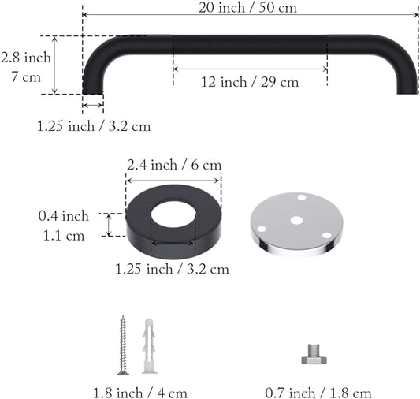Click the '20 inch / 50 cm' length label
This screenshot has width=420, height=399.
[x=250, y=7]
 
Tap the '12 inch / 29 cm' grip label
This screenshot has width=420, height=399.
[x=249, y=82]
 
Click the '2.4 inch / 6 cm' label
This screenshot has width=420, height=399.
[x=174, y=165]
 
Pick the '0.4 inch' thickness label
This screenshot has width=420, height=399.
[x=64, y=216]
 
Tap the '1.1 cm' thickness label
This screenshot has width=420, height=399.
[x=64, y=235]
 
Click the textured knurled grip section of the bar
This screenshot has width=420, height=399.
[x=249, y=44]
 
